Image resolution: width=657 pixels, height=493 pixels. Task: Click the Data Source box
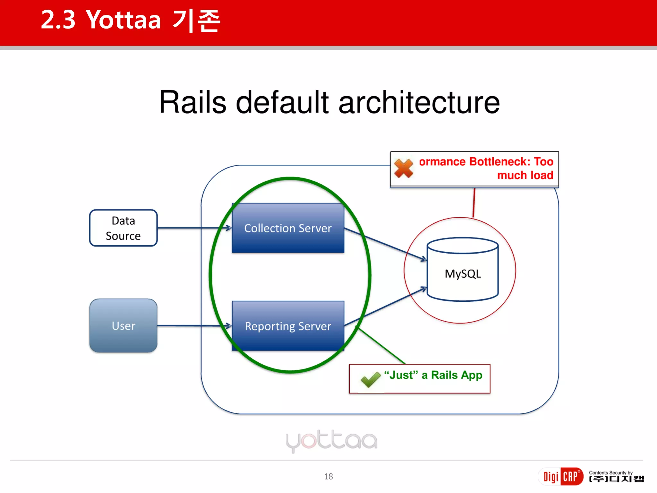pyautogui.click(x=123, y=228)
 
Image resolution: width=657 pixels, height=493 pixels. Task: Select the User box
pyautogui.click(x=123, y=325)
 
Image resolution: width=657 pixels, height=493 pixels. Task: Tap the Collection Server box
pyautogui.click(x=288, y=228)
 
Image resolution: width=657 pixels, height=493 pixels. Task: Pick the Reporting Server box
pyautogui.click(x=288, y=326)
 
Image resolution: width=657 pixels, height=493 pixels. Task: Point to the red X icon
pyautogui.click(x=404, y=168)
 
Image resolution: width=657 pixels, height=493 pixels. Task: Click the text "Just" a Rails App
pyautogui.click(x=433, y=375)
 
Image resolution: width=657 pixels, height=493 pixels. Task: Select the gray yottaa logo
pyautogui.click(x=331, y=441)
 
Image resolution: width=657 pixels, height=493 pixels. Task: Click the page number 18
pyautogui.click(x=328, y=476)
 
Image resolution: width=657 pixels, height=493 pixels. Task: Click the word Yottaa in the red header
pyautogui.click(x=124, y=20)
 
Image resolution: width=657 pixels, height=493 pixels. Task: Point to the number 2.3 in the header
pyautogui.click(x=58, y=20)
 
